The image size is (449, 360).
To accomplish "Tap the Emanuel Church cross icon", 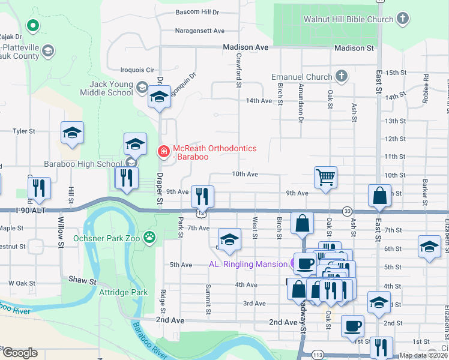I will tap(342, 76).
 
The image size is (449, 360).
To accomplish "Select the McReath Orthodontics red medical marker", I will tap(162, 152).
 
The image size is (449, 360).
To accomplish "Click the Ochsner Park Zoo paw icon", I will tap(148, 237).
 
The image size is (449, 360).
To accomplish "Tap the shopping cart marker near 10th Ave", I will tap(325, 178).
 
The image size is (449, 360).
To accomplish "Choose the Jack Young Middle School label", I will tap(111, 88).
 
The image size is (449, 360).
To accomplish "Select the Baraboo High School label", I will tap(82, 164).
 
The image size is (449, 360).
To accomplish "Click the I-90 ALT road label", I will tap(15, 211).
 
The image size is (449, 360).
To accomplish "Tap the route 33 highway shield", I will tap(347, 211).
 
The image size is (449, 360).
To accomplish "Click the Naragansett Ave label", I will tap(199, 31).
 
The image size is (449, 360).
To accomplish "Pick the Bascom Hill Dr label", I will tap(197, 12).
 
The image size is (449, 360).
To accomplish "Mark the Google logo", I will tap(19, 353).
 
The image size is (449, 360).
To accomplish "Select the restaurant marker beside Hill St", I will tap(40, 188).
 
